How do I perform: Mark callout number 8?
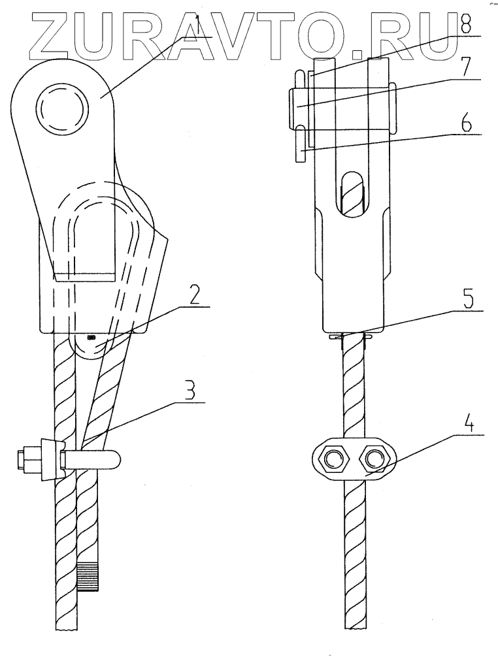pyautogui.click(x=465, y=29)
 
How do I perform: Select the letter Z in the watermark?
pyautogui.click(x=37, y=31)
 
